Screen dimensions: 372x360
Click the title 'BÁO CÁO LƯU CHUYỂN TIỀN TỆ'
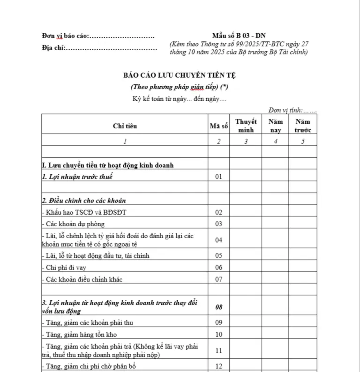point(180,75)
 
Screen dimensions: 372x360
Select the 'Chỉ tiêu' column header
point(125,126)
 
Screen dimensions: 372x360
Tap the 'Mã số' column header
point(218,126)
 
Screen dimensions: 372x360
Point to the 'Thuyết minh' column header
point(246,126)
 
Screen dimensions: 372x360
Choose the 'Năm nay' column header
point(275,126)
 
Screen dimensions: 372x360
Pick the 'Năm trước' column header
point(302,126)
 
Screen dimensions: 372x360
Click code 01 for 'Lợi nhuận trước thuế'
point(218,177)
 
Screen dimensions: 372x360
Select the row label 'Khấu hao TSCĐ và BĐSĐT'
point(84,212)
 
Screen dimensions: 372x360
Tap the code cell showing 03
point(218,224)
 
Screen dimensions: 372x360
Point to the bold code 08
point(218,307)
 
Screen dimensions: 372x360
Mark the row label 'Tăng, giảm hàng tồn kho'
point(80,335)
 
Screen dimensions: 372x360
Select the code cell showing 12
point(218,366)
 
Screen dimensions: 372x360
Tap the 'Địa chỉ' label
point(53,48)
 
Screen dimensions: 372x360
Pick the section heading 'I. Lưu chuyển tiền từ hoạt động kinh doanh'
point(108,165)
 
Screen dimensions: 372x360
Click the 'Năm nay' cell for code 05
point(275,256)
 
